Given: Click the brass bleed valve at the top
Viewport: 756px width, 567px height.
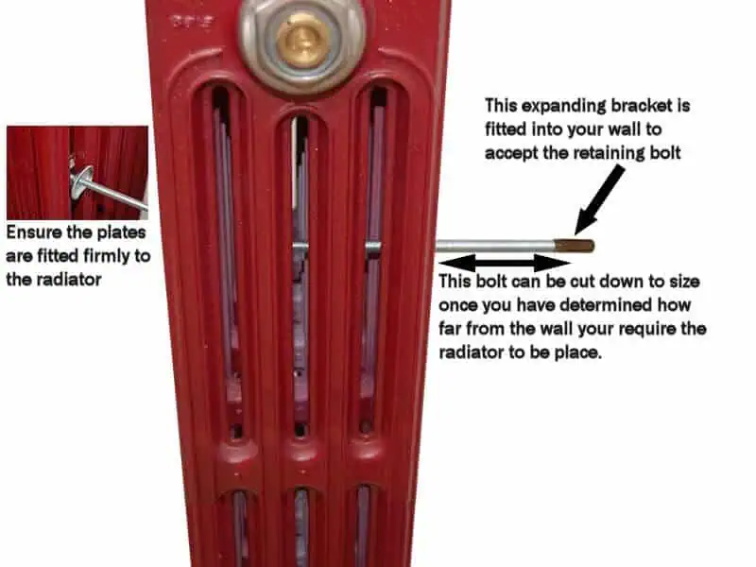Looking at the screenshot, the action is click(x=303, y=40).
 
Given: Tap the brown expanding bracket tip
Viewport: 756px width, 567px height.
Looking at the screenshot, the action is click(x=575, y=246).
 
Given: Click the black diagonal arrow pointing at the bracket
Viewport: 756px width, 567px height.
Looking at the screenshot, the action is click(x=599, y=199).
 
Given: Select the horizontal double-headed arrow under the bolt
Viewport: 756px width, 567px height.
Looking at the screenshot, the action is click(x=505, y=264).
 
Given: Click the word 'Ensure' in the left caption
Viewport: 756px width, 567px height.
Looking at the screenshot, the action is click(x=34, y=232).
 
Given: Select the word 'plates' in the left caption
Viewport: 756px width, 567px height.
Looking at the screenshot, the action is click(x=122, y=232).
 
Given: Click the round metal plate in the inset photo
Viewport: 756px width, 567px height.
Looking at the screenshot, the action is click(x=82, y=182).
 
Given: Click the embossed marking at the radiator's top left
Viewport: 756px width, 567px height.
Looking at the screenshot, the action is click(x=192, y=22).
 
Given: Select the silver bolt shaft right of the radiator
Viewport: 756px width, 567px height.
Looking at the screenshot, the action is click(x=494, y=246).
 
